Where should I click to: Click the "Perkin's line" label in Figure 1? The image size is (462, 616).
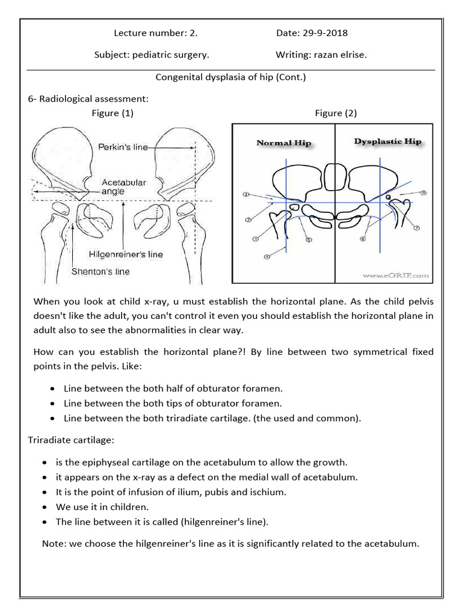[123, 147]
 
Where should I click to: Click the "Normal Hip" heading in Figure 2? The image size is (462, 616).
[284, 143]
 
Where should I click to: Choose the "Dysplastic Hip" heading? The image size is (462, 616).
[388, 142]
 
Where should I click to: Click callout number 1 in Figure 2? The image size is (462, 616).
[245, 195]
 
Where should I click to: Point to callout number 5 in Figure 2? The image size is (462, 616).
[309, 240]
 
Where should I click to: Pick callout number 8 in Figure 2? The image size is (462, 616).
[423, 193]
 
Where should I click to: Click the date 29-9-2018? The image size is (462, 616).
[330, 32]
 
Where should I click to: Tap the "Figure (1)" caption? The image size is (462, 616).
[112, 113]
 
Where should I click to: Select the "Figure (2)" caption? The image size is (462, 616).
[335, 113]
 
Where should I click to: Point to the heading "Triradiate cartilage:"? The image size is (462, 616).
[70, 440]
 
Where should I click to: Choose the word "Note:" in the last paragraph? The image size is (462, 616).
[54, 544]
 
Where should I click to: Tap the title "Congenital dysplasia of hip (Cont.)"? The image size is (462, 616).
[231, 77]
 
